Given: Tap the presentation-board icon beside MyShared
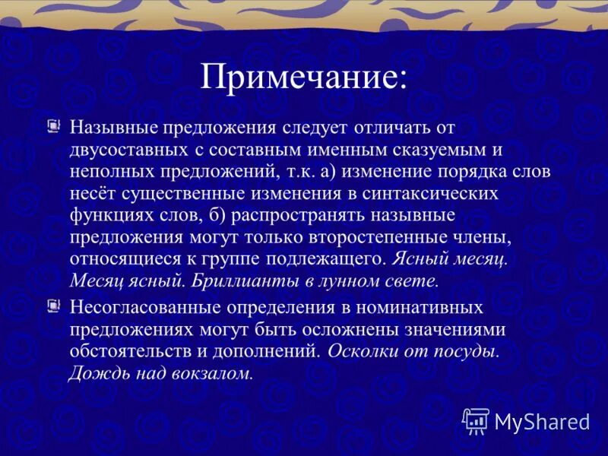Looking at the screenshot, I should click(476, 420).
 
